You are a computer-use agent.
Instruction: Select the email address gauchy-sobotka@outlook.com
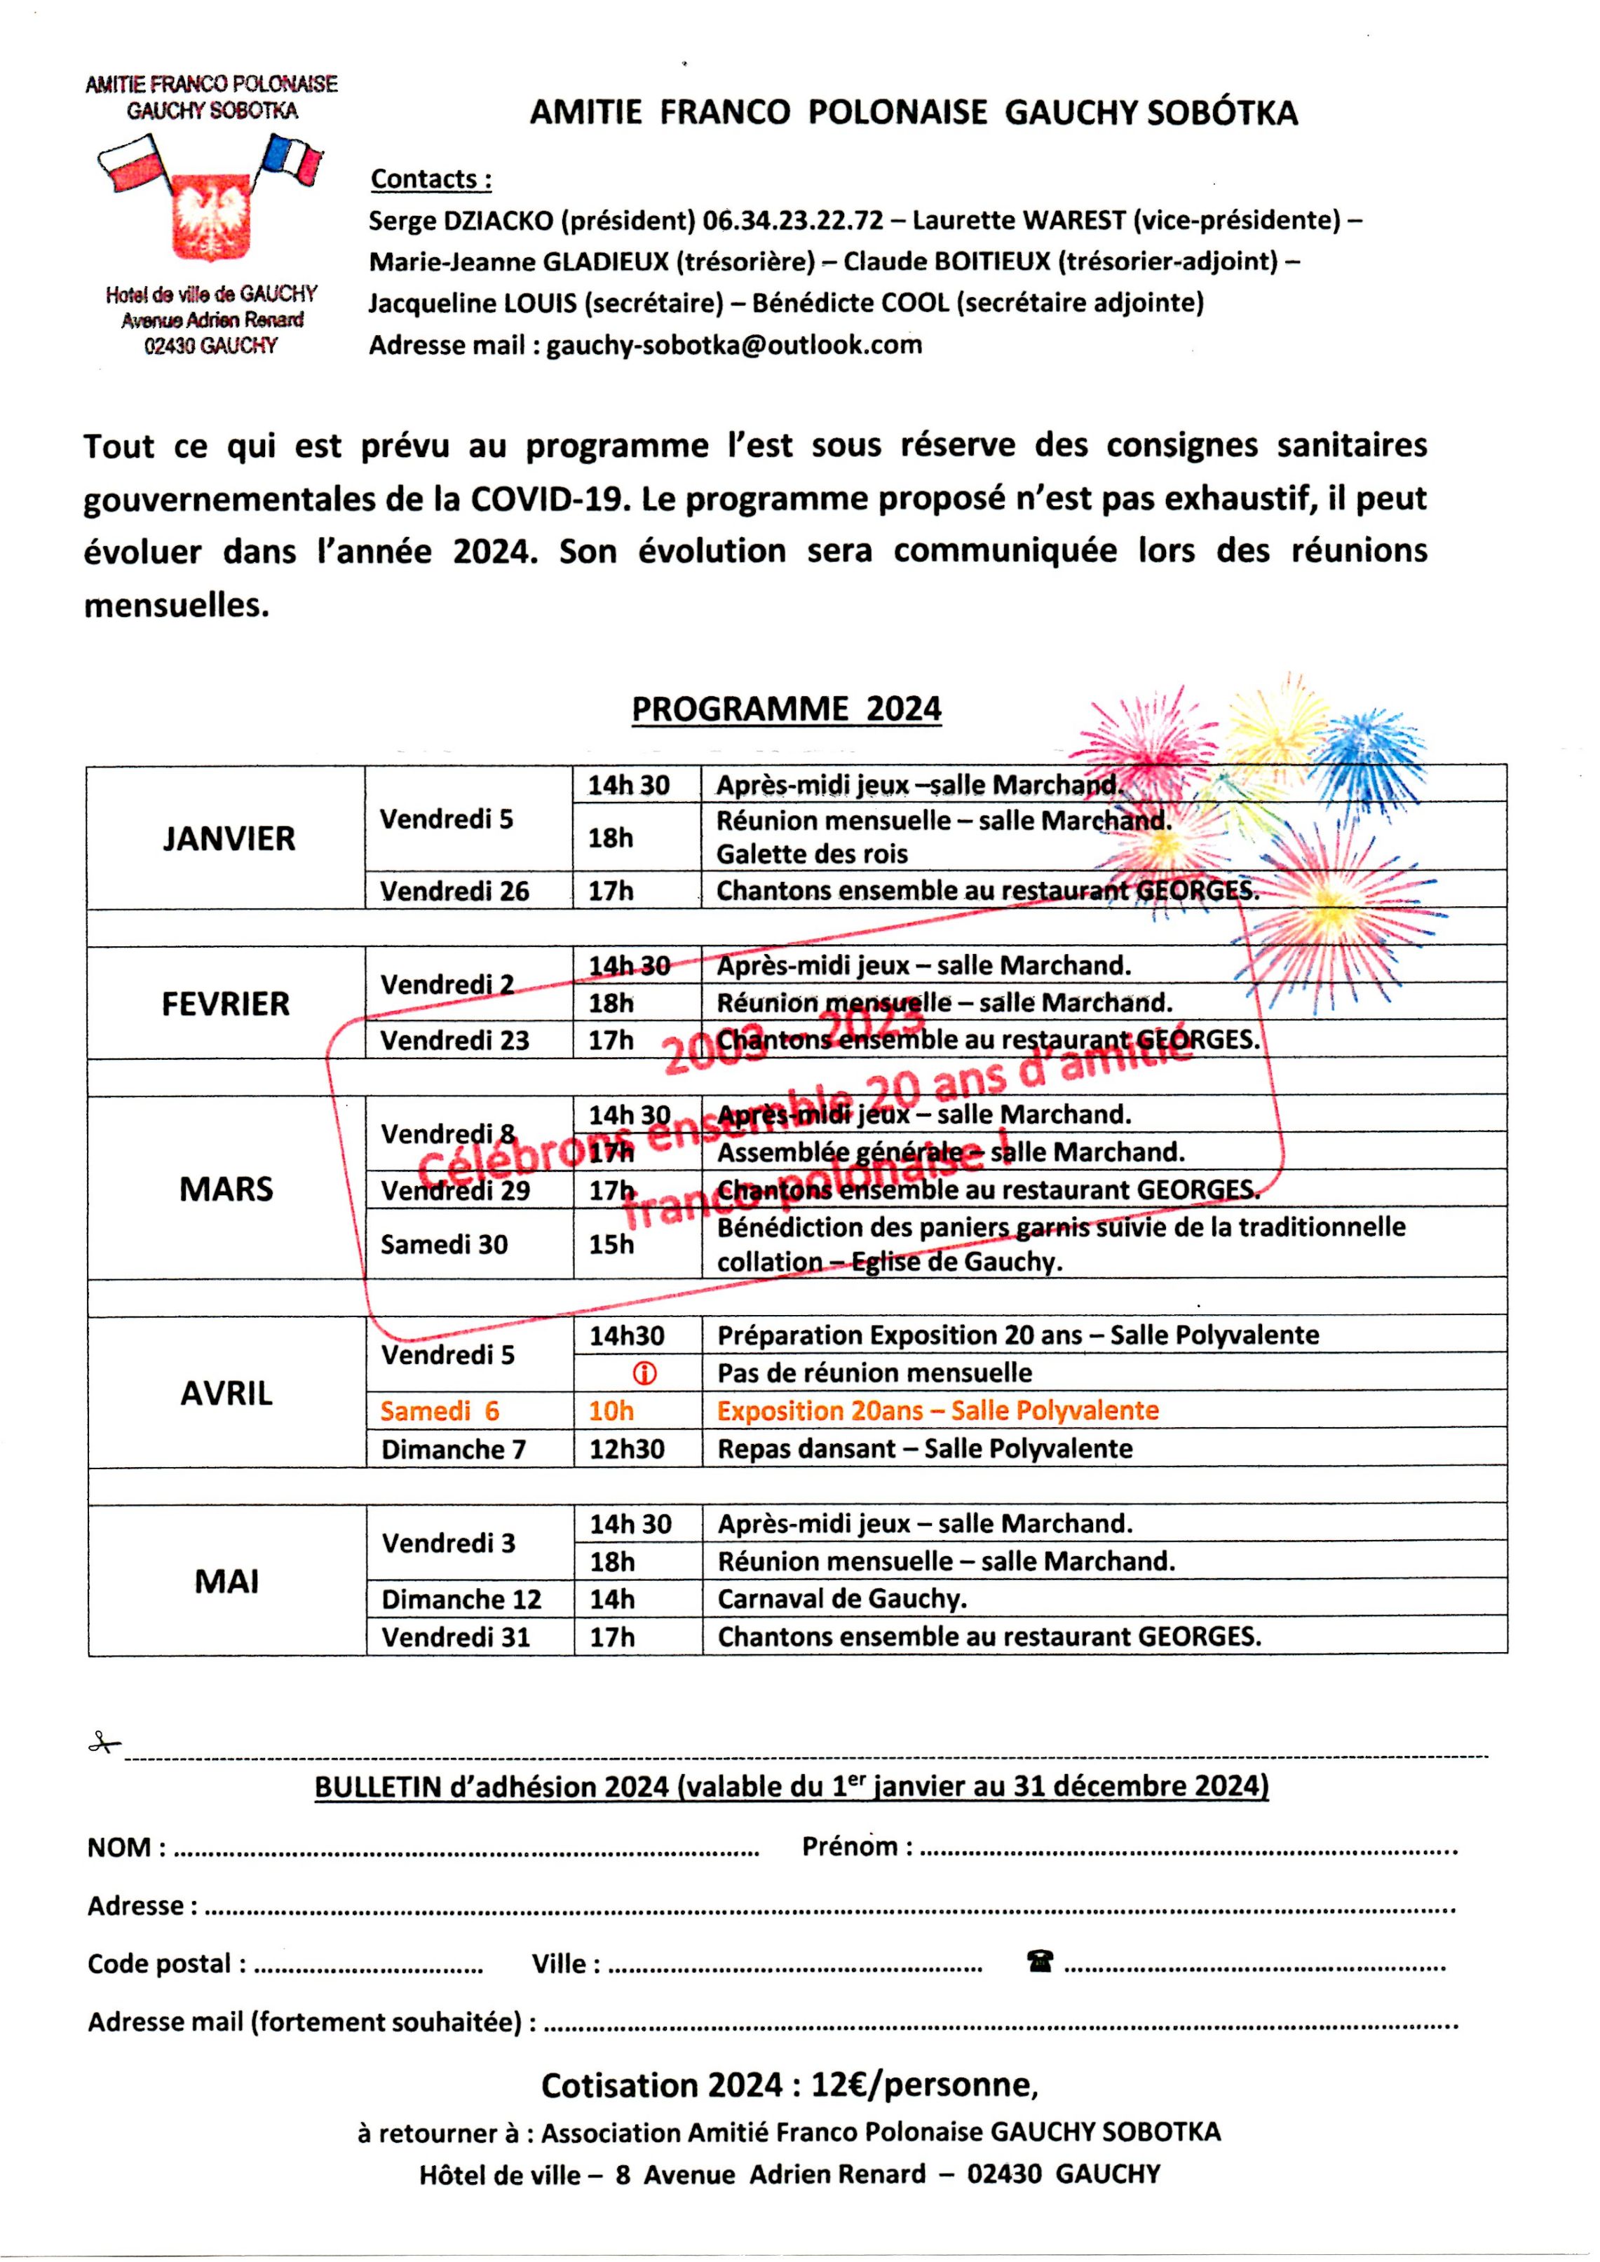[734, 345]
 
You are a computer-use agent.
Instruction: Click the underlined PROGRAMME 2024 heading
[786, 709]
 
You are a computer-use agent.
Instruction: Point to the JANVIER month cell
[229, 838]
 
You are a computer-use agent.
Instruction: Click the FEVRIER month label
[226, 1004]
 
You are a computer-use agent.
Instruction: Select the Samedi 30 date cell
[445, 1244]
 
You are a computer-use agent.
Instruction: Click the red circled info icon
[644, 1373]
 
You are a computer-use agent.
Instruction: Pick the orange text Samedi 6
[440, 1411]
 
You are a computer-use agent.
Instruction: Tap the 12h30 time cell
[628, 1448]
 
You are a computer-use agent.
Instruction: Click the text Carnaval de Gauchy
[842, 1598]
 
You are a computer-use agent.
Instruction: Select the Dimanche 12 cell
[462, 1598]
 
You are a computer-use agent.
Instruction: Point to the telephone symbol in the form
[1038, 1961]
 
